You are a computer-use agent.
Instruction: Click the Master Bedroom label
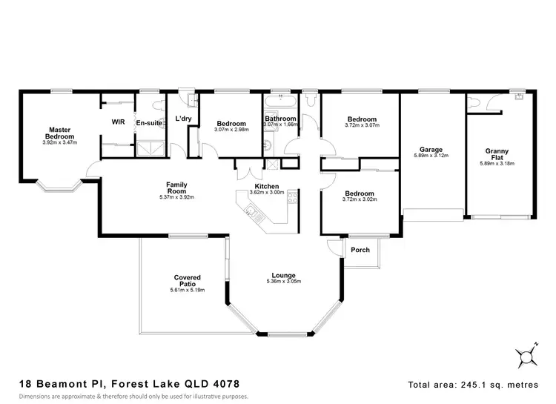(59, 132)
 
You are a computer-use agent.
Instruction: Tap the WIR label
(118, 122)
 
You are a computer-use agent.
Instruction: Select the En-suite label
(147, 122)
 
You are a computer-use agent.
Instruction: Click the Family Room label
(176, 188)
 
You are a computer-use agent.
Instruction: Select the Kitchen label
(266, 186)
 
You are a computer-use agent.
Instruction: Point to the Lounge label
(285, 276)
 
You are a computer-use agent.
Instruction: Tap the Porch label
(360, 250)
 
